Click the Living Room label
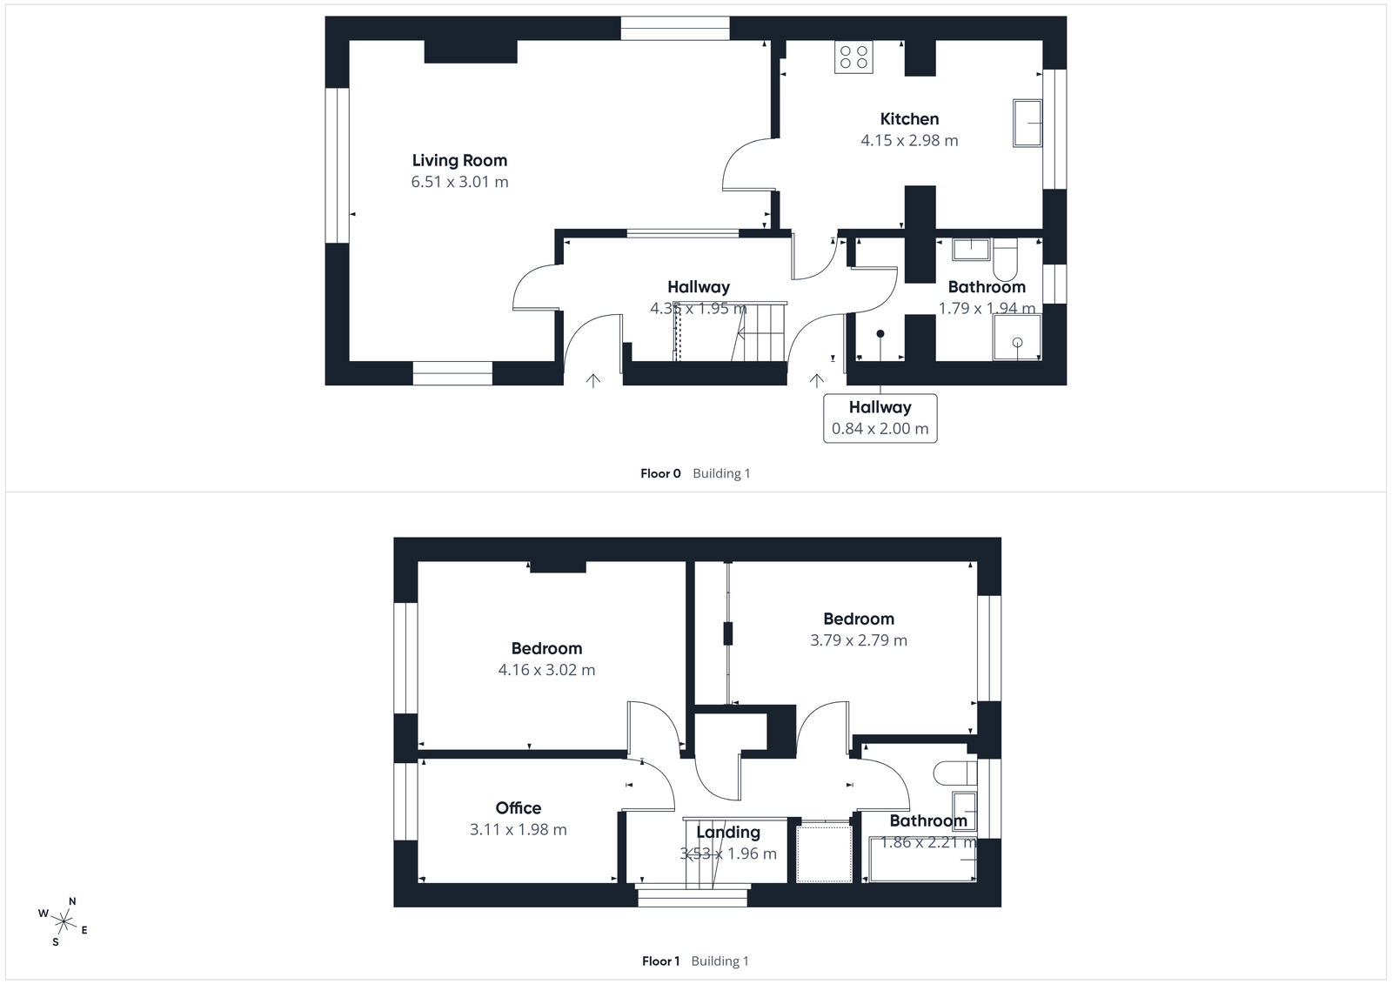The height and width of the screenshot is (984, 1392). click(x=459, y=161)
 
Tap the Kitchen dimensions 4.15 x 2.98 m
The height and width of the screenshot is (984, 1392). click(x=909, y=141)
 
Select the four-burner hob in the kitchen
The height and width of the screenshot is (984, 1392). click(x=853, y=57)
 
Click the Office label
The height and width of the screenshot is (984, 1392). click(x=518, y=808)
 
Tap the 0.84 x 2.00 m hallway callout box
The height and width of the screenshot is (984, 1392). click(x=880, y=418)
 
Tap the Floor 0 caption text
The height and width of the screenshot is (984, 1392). click(x=660, y=474)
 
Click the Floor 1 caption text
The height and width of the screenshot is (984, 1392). click(x=660, y=961)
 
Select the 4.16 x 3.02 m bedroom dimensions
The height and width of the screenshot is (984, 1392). click(x=546, y=670)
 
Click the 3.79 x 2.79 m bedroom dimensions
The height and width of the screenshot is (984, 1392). click(x=858, y=640)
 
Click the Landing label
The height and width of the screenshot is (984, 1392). click(x=727, y=833)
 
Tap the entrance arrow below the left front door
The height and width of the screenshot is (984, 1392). click(x=593, y=380)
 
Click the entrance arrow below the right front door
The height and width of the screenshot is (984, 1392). click(x=816, y=380)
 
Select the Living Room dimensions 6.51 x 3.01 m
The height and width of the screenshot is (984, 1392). click(x=459, y=183)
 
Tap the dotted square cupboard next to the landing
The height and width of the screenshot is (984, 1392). click(x=824, y=853)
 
